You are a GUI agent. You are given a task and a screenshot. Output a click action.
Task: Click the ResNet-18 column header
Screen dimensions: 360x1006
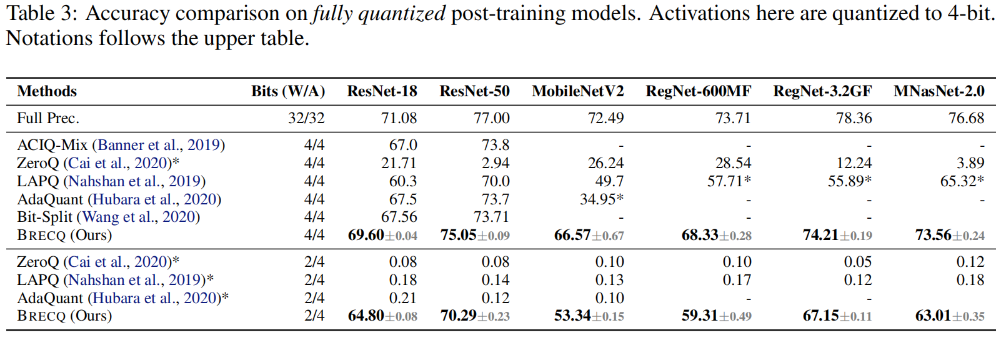(x=382, y=91)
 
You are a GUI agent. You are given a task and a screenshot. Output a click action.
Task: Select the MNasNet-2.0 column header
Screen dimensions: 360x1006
(x=939, y=91)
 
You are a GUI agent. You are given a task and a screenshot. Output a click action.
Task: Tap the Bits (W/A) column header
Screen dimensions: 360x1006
(x=288, y=91)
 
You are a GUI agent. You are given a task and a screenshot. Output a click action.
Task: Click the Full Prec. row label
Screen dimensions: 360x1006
(x=48, y=118)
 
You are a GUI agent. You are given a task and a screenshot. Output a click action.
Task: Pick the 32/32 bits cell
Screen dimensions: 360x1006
(x=306, y=118)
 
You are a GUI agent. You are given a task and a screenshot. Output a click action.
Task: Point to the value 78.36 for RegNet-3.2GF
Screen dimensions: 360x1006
(x=854, y=118)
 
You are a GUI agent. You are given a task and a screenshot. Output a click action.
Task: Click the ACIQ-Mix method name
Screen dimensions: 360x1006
(x=52, y=145)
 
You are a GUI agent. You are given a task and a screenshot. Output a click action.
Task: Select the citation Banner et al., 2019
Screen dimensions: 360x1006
(x=159, y=145)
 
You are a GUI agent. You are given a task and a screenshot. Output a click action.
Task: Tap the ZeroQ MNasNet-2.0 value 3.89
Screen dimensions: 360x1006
(x=970, y=163)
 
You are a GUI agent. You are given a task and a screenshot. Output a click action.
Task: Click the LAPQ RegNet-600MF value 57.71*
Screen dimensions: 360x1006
(x=729, y=181)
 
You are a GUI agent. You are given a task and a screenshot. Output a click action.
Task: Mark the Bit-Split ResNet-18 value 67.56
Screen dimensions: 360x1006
(x=399, y=217)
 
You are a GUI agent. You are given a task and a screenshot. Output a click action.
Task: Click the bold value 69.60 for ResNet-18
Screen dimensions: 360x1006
(x=366, y=235)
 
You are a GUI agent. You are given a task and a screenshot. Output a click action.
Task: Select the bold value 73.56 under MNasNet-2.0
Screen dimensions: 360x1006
(x=933, y=235)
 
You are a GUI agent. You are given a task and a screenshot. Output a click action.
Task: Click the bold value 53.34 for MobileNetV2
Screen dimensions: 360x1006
(x=572, y=316)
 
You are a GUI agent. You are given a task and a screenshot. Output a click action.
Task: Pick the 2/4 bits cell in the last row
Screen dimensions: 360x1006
(x=314, y=316)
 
